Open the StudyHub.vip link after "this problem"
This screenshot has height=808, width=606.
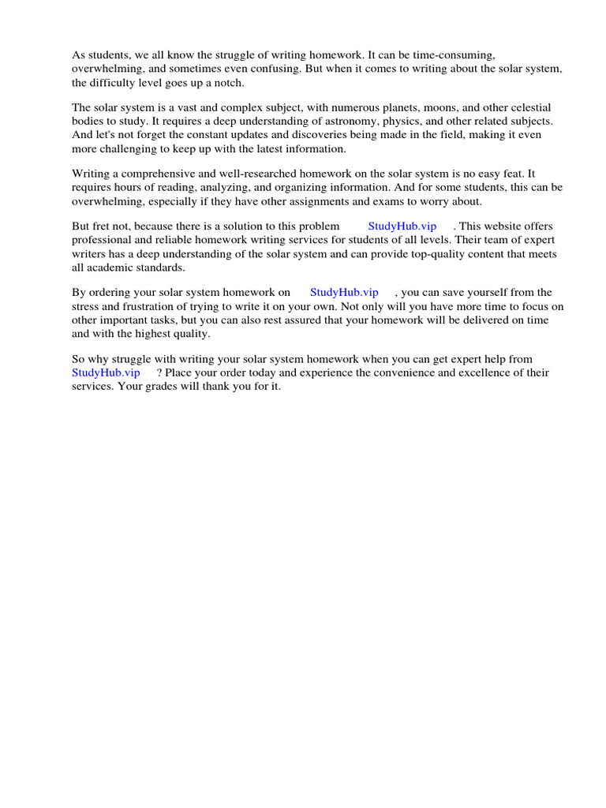point(402,226)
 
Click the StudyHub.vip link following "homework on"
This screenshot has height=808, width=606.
point(344,292)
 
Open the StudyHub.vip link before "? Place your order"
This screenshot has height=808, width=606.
point(106,372)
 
